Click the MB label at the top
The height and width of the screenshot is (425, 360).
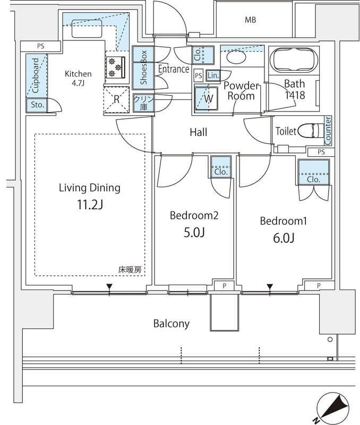coord(250,20)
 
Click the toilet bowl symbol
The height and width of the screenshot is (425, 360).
coord(308,131)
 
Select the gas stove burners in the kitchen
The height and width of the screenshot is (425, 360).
coord(116,67)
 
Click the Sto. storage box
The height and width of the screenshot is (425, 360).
coord(36,105)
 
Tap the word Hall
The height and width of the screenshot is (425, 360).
coord(198,132)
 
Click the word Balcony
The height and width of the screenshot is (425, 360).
coord(171,323)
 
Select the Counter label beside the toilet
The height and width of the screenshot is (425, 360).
coord(328,130)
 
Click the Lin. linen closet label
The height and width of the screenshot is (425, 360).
coord(213,75)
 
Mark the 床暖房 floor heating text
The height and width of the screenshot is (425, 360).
coord(130,270)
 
